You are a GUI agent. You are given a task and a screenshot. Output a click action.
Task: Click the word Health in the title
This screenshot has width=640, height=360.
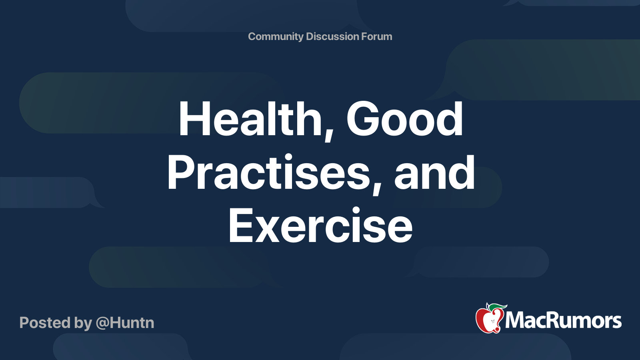[x=250, y=118]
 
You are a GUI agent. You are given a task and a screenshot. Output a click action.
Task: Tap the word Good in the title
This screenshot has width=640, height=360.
[x=404, y=118]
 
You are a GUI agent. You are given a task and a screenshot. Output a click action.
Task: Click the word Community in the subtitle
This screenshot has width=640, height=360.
[x=276, y=36]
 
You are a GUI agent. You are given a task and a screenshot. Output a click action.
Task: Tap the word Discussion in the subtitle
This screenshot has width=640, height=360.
[x=332, y=36]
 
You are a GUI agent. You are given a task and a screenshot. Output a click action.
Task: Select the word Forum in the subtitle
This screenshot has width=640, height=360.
[x=376, y=36]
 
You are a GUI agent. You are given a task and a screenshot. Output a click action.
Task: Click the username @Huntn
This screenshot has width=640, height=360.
[x=125, y=323]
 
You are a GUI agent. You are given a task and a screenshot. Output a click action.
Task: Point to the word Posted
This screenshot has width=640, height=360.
[x=45, y=322]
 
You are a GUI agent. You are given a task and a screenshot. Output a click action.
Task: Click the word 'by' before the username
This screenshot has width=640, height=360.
[x=83, y=324]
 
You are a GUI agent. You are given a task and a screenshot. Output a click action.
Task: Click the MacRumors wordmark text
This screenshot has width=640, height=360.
[x=563, y=320]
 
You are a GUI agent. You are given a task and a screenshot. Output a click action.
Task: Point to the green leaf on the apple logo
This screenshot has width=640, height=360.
[x=497, y=308]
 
